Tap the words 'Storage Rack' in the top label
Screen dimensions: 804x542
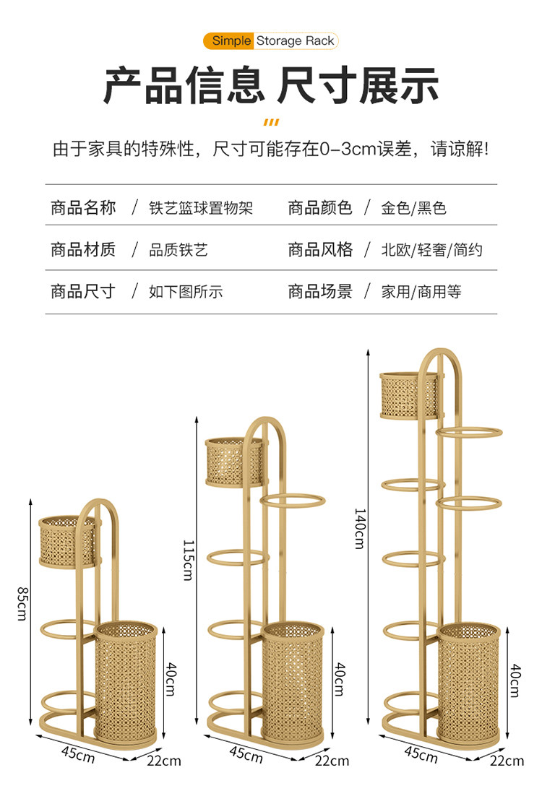point(295,40)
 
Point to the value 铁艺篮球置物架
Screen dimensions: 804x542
point(201,209)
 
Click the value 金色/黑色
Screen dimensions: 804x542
point(414,209)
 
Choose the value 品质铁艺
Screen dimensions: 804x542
point(178,250)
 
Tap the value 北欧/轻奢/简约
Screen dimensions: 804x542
point(432,250)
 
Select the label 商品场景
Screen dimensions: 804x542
point(320,292)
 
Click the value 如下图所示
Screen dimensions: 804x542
point(186,292)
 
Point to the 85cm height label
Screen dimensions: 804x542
point(22,602)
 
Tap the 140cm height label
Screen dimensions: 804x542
point(359,528)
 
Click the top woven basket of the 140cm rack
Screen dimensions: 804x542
point(409,394)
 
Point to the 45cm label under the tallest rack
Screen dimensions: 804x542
point(421,754)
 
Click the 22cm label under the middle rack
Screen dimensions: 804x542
point(332,760)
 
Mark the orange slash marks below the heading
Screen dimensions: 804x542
point(271,121)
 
